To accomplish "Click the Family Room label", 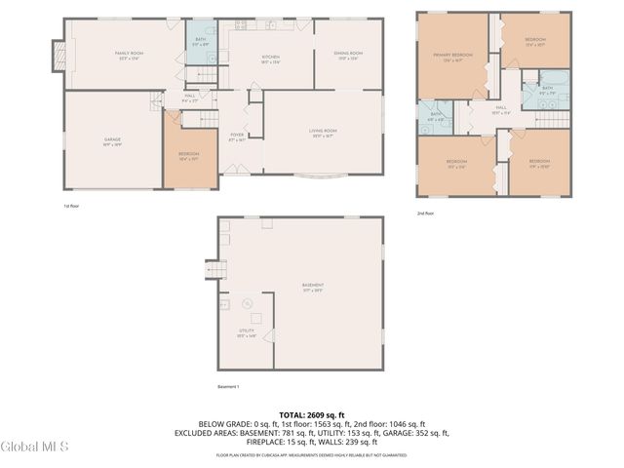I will tap(129, 55).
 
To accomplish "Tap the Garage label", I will tap(112, 141).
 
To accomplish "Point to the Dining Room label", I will tap(348, 55).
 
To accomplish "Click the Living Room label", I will tap(323, 133).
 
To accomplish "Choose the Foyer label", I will tap(237, 137).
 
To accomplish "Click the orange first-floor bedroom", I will tap(188, 155).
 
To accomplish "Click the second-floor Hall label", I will tap(500, 109).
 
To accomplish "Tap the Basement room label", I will tap(313, 288).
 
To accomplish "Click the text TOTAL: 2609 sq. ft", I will tap(311, 414).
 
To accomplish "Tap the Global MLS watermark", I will tap(34, 446).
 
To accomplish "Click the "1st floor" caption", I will tap(70, 206).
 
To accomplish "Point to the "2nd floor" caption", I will tap(424, 213).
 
